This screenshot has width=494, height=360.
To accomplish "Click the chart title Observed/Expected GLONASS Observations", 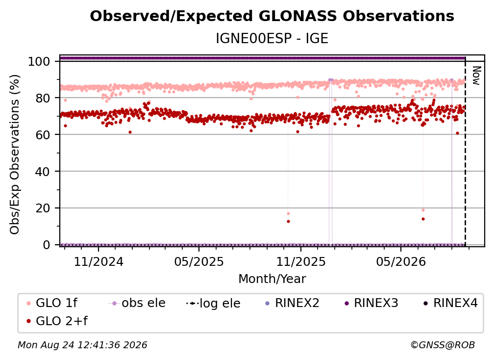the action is pos(272,16).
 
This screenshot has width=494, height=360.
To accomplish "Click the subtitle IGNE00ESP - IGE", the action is pos(272,38).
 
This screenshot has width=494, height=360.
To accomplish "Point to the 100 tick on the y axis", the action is pos(39,61).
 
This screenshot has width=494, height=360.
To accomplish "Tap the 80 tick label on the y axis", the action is pos(43,98).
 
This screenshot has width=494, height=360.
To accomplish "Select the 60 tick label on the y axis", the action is pos(43,134).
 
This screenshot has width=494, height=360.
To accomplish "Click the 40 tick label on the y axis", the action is pos(43,172).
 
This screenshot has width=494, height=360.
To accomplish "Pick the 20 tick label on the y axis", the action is pos(43,208).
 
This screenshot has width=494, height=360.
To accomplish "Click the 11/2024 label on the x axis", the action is pos(99,261).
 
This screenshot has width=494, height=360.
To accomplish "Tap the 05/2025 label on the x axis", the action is pos(199,261).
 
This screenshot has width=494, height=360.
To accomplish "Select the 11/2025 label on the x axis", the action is pos(301,261).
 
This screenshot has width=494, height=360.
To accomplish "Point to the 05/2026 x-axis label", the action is pos(401,261).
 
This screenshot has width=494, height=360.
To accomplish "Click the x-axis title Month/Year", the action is pos(272,279).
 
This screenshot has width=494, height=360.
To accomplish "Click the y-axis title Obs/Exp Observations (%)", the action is pos(15,154).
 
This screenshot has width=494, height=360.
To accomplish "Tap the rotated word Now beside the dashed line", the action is pos(476,76).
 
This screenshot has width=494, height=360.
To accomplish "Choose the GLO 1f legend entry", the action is pos(52,303).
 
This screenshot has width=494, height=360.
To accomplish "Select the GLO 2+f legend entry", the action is pos(57,321).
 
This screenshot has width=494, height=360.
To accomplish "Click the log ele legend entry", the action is pos(213,303).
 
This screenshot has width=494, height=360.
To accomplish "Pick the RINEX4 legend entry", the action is pos(450,303).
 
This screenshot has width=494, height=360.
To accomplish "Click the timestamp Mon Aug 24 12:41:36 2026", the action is pos(82,345).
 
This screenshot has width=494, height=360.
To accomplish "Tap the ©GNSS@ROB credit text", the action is pos(443,345).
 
